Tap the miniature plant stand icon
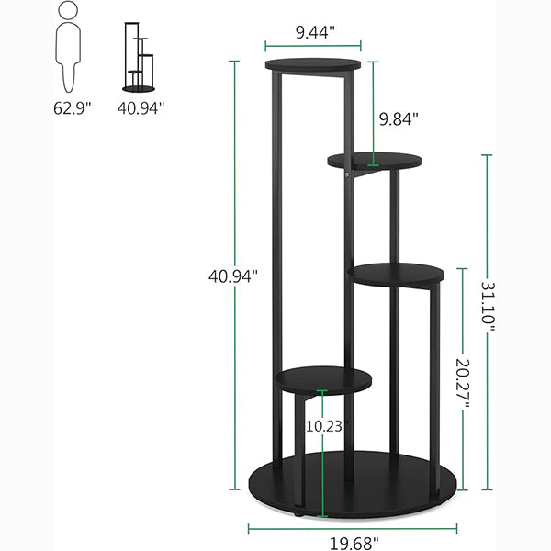[140, 57]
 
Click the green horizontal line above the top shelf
[313, 43]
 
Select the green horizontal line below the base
[353, 528]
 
